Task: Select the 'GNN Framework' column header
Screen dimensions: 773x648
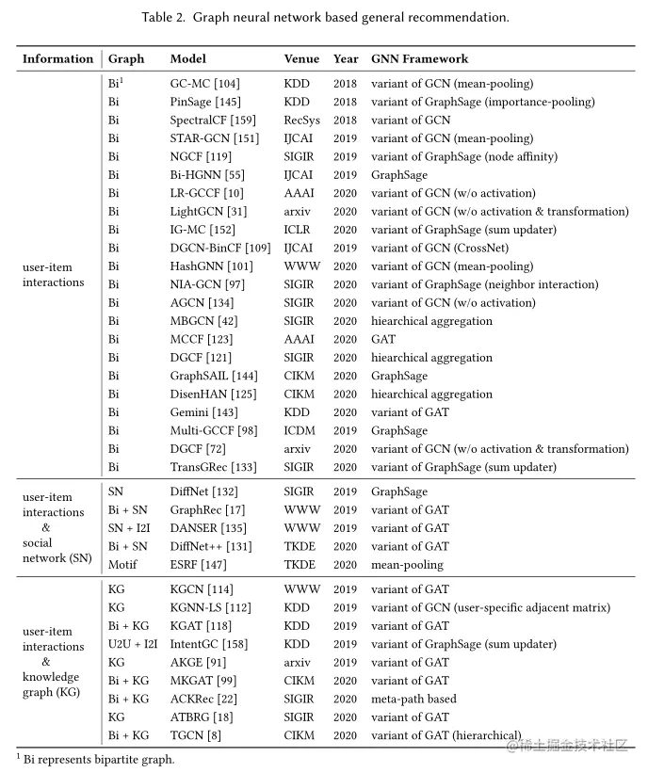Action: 419,58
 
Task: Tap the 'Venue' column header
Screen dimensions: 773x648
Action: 301,58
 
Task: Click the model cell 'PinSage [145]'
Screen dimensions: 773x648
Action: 205,102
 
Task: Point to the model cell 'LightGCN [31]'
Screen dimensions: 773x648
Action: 208,212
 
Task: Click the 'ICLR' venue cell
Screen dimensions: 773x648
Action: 298,230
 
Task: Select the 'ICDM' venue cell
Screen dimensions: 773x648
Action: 300,431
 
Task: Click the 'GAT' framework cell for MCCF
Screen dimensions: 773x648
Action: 383,340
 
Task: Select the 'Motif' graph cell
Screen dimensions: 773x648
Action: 122,565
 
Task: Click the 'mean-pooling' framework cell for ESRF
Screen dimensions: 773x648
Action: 407,565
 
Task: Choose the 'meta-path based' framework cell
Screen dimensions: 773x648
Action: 413,699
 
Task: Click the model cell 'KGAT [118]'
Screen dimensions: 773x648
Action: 201,626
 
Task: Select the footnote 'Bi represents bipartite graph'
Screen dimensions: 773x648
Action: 94,759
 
